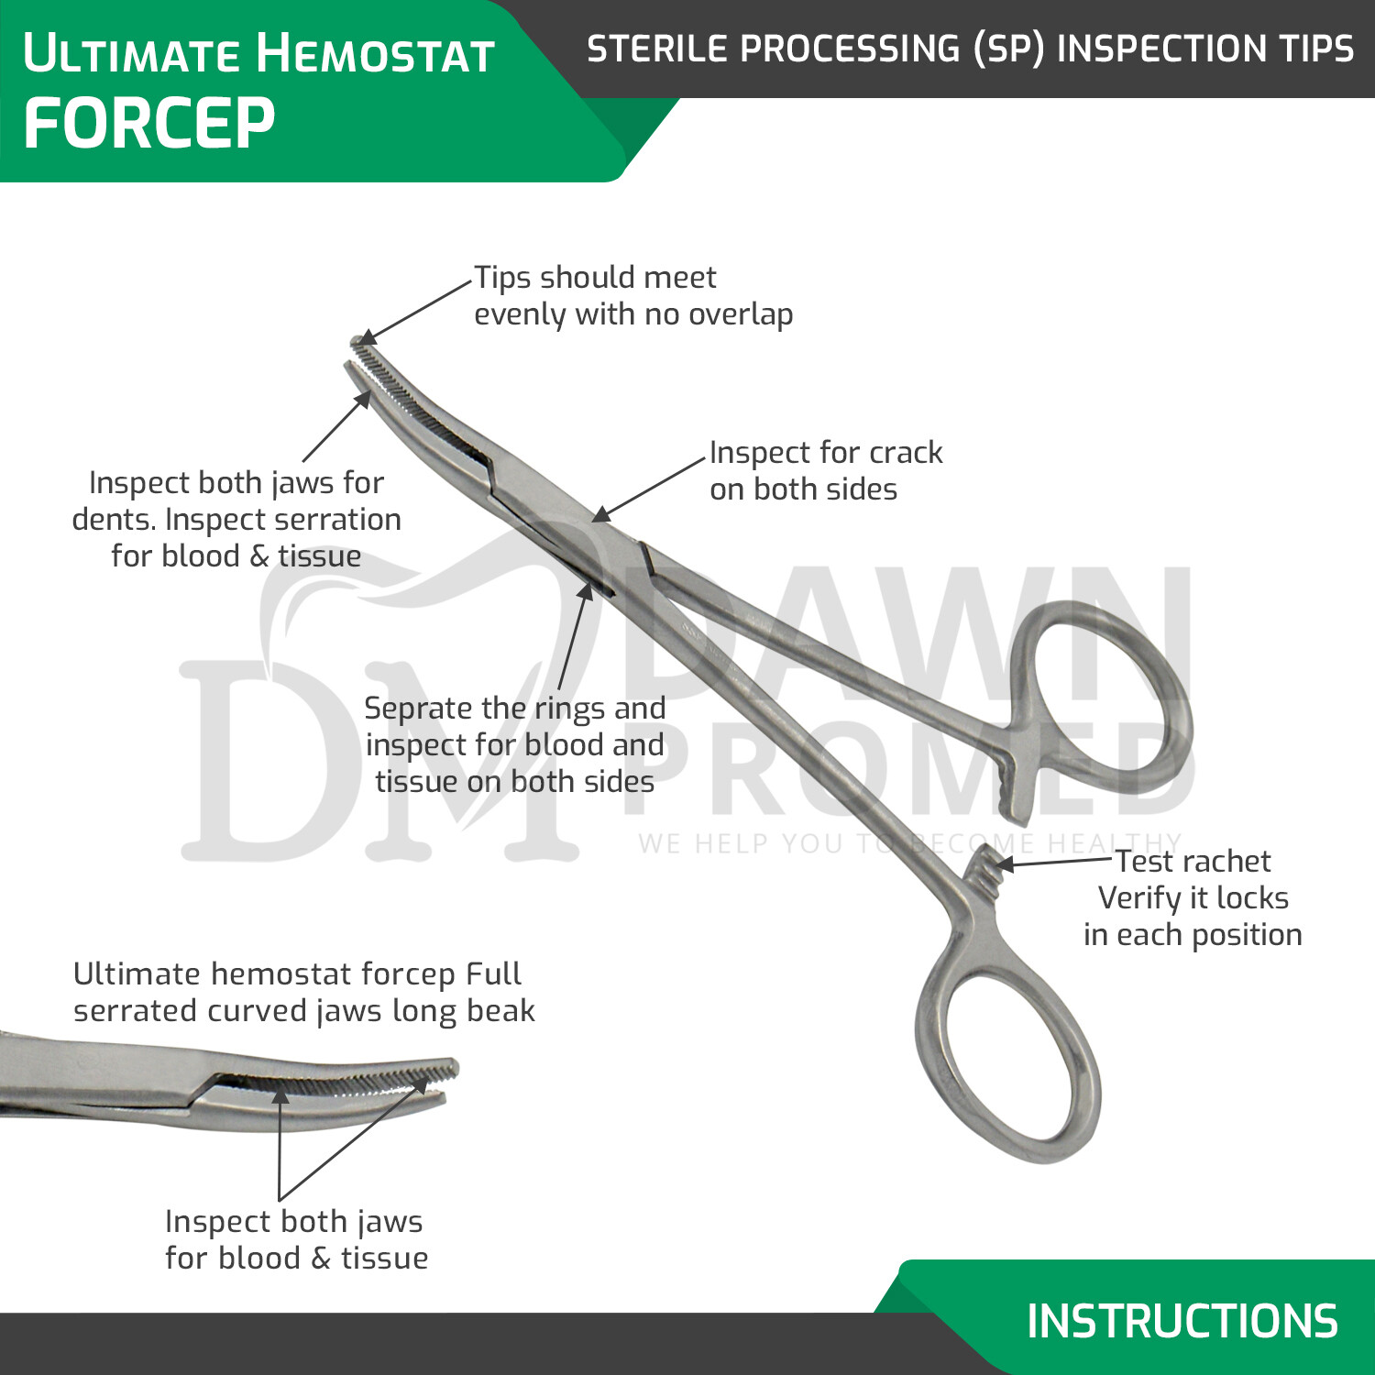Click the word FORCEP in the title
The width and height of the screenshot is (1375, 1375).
point(148,124)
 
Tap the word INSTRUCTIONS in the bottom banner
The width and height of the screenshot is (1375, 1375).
point(1182,1321)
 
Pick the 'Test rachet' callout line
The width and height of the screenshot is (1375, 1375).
point(1193,862)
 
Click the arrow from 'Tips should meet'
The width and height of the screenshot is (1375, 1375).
point(417,309)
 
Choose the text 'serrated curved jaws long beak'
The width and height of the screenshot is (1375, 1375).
point(303,1011)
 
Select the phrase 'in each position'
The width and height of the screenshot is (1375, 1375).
point(1193,935)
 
